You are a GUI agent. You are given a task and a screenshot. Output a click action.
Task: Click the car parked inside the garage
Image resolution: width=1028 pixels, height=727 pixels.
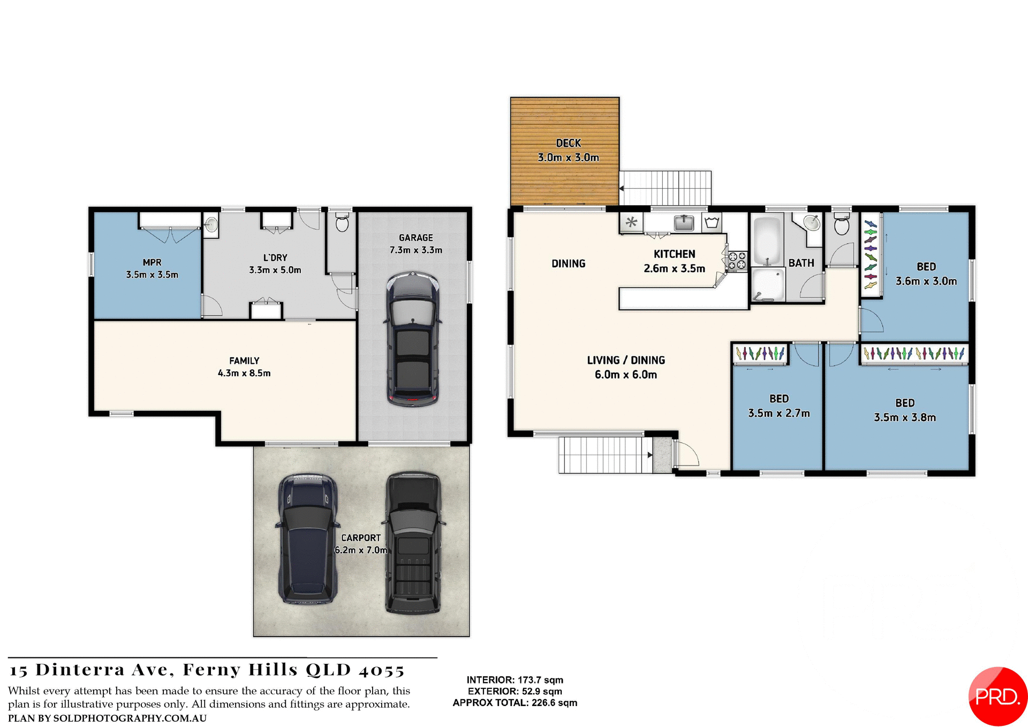tap(413, 339)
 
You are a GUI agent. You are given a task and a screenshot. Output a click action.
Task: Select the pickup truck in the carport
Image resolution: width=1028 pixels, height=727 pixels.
tap(413, 542)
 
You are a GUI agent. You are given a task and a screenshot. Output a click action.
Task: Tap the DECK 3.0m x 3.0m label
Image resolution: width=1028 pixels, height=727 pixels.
tap(568, 151)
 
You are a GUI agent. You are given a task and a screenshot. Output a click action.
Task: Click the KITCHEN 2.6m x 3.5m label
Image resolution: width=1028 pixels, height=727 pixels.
tap(674, 261)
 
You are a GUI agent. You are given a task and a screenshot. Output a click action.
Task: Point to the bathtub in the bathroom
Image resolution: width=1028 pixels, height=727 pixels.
tap(767, 239)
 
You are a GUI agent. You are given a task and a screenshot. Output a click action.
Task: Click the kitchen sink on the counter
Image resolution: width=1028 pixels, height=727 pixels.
tap(684, 222)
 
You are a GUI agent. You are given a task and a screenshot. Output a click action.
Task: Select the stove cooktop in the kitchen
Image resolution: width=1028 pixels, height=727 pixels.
tap(737, 261)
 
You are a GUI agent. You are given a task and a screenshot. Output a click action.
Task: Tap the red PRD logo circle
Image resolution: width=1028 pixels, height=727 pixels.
tap(996, 696)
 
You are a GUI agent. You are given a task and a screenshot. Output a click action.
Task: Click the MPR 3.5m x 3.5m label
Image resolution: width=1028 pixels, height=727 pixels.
tap(152, 268)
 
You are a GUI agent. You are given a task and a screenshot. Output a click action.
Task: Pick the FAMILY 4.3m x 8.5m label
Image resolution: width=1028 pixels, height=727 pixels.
tap(244, 367)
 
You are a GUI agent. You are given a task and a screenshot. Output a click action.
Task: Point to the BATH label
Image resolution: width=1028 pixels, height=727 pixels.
tap(801, 263)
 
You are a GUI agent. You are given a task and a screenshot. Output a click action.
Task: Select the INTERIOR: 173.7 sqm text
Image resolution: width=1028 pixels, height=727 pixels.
tap(515, 680)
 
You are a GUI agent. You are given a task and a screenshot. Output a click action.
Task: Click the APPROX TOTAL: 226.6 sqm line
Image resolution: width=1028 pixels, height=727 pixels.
tap(515, 703)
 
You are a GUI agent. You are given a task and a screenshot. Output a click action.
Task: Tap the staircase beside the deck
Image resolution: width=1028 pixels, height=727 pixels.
tap(666, 188)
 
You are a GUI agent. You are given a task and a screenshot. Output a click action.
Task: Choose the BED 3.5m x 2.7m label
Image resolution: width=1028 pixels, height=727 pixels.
tap(778, 406)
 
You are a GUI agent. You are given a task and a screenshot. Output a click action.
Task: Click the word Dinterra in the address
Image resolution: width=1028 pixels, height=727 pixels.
tap(80, 670)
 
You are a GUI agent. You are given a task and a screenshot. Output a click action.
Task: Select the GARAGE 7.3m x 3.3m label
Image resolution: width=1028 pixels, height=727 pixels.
tap(415, 244)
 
